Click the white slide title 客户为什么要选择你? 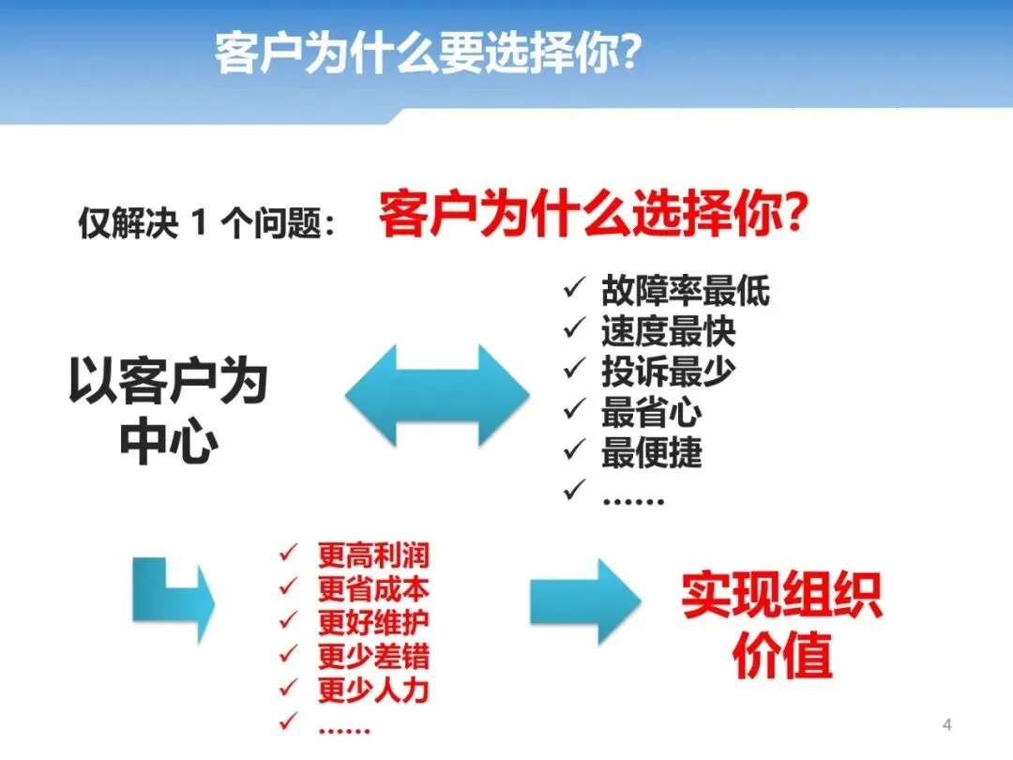tap(428, 53)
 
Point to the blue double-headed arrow tap(437, 394)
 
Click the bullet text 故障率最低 tap(685, 291)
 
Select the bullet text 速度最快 tap(668, 331)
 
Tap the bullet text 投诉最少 tap(668, 372)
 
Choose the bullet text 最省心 tap(651, 413)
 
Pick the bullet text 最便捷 tap(651, 453)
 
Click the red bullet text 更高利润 tap(373, 555)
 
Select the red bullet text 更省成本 tap(373, 589)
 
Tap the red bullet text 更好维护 tap(373, 623)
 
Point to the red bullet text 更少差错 tap(373, 657)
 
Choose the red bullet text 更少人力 tap(373, 692)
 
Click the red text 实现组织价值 tap(781, 623)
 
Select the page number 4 tap(946, 724)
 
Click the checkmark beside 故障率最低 tap(574, 289)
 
